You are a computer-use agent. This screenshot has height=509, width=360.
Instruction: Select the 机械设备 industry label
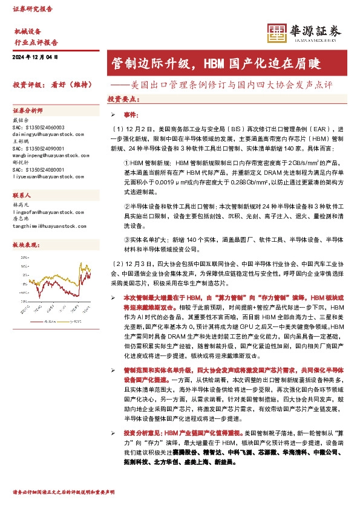[27, 31]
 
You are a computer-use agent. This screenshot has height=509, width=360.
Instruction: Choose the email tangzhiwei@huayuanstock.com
[51, 226]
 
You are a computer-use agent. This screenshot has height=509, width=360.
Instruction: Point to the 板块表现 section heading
[24, 245]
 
